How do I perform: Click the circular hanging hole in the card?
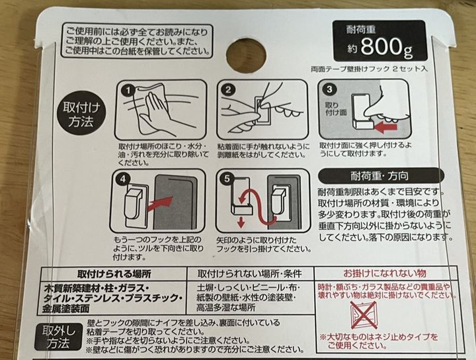click(245, 56)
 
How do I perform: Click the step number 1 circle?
click(128, 91)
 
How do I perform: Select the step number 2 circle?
click(227, 89)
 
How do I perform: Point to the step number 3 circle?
click(329, 89)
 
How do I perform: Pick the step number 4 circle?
click(123, 179)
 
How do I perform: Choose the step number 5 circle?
click(227, 179)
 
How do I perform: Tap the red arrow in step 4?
click(159, 203)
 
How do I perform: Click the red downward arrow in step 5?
click(241, 222)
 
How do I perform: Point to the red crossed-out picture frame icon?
click(364, 316)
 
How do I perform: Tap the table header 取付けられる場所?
click(114, 275)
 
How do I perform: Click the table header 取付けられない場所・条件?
click(249, 274)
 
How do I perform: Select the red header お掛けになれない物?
click(385, 273)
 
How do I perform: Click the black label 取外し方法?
click(58, 337)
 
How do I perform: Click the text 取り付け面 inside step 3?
click(336, 109)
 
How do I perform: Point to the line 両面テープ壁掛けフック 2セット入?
click(369, 69)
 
